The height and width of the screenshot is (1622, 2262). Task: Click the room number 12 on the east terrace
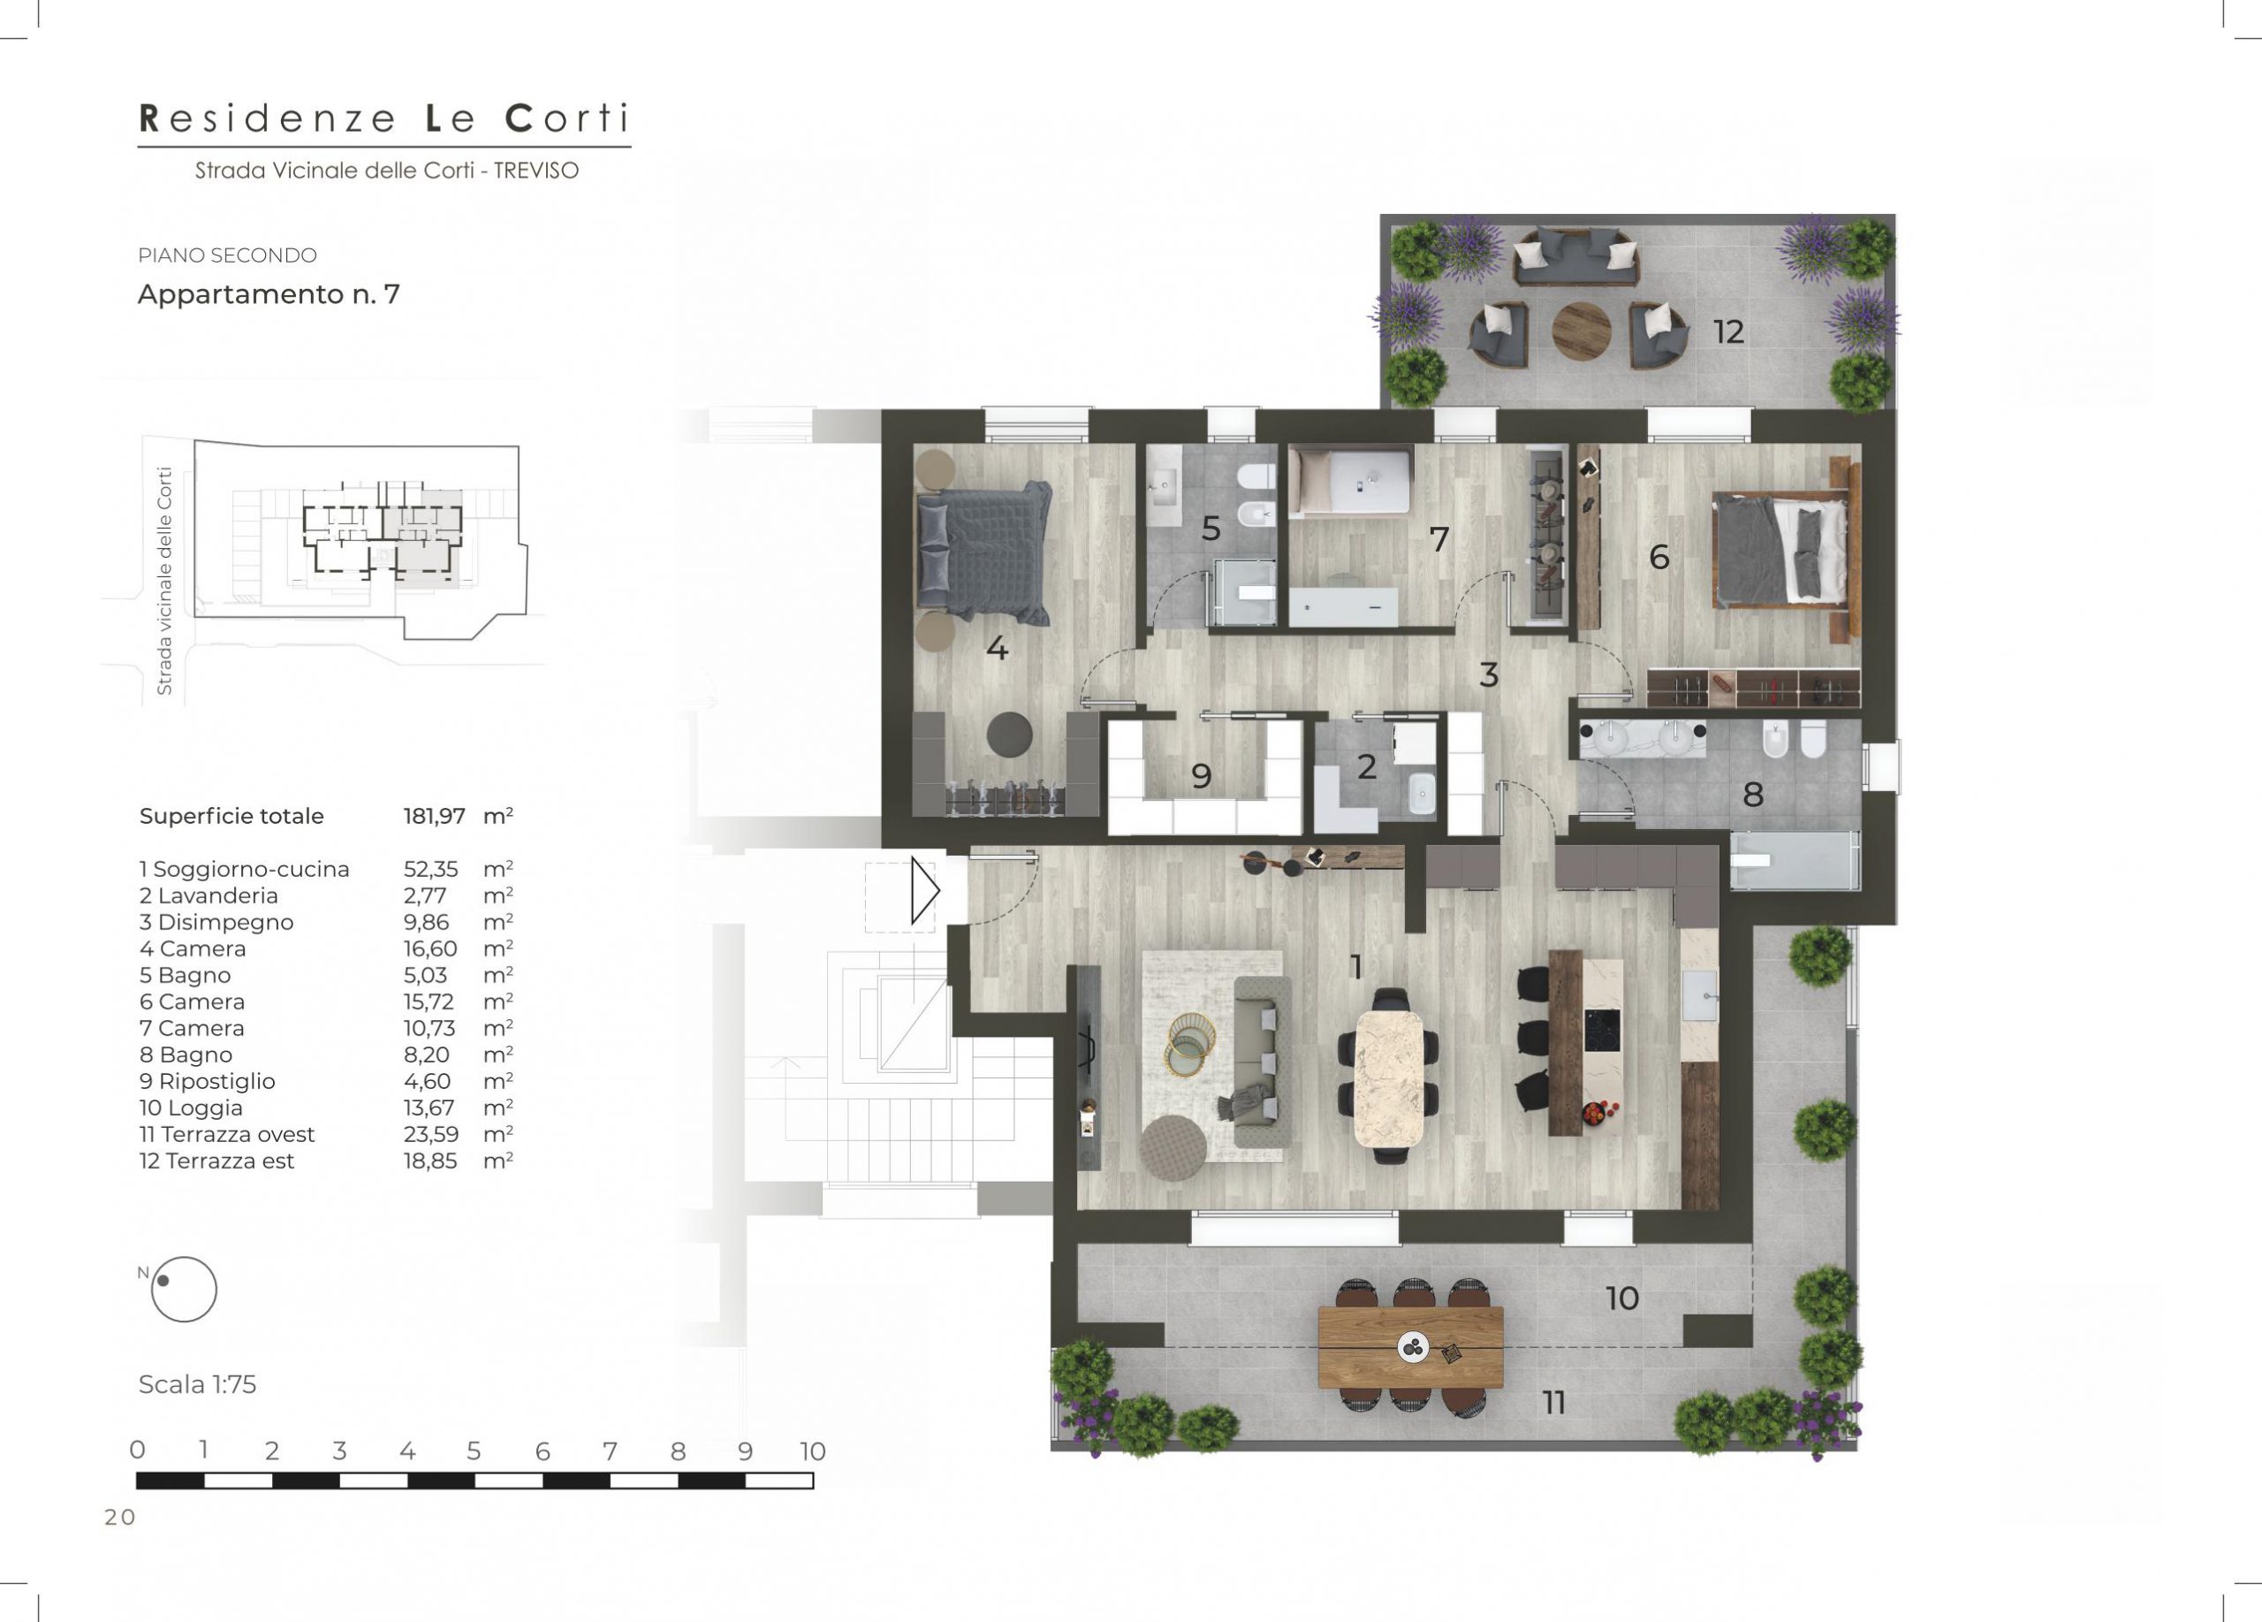pyautogui.click(x=1728, y=332)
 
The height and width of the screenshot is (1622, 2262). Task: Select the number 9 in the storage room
pyautogui.click(x=1201, y=776)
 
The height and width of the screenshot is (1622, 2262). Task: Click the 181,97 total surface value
pyautogui.click(x=434, y=816)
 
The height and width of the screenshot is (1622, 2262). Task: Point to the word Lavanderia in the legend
pyautogui.click(x=217, y=895)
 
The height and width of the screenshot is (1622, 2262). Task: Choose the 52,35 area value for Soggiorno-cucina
pyautogui.click(x=431, y=869)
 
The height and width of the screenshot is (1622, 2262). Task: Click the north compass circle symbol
pyautogui.click(x=184, y=1289)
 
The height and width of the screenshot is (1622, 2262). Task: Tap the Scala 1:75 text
pyautogui.click(x=197, y=1384)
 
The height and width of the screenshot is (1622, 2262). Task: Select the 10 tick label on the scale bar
pyautogui.click(x=813, y=1451)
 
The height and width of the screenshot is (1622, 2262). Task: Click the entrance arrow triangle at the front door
pyautogui.click(x=924, y=890)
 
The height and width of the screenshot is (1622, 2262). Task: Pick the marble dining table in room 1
pyautogui.click(x=1388, y=1078)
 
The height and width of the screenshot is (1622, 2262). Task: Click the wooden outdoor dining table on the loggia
pyautogui.click(x=1410, y=1347)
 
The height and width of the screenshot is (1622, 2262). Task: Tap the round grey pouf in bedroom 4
pyautogui.click(x=1009, y=735)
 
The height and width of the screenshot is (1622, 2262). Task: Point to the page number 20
pyautogui.click(x=119, y=1518)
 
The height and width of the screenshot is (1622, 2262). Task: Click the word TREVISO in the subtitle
pyautogui.click(x=535, y=171)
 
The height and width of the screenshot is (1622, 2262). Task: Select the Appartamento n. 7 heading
pyautogui.click(x=269, y=294)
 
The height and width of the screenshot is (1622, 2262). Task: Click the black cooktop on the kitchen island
pyautogui.click(x=1603, y=1024)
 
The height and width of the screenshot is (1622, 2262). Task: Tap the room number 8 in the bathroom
pyautogui.click(x=1752, y=795)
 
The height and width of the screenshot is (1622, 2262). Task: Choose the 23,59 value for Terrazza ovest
pyautogui.click(x=431, y=1134)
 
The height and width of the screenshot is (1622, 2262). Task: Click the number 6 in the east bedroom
pyautogui.click(x=1659, y=557)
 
